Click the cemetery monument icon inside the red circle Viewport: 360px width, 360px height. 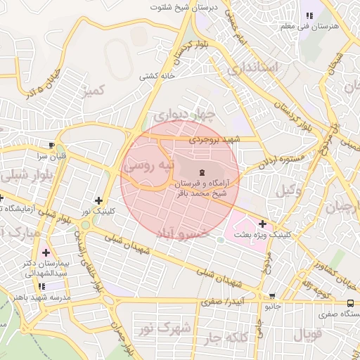point(202,171)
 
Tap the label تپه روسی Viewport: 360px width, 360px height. point(147,166)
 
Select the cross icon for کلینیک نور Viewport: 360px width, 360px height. point(98,201)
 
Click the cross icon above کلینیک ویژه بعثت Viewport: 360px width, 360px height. point(263,224)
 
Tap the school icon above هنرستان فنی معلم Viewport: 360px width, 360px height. point(308,15)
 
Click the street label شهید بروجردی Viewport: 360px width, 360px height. point(218,140)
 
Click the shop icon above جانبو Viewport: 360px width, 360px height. point(272,296)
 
